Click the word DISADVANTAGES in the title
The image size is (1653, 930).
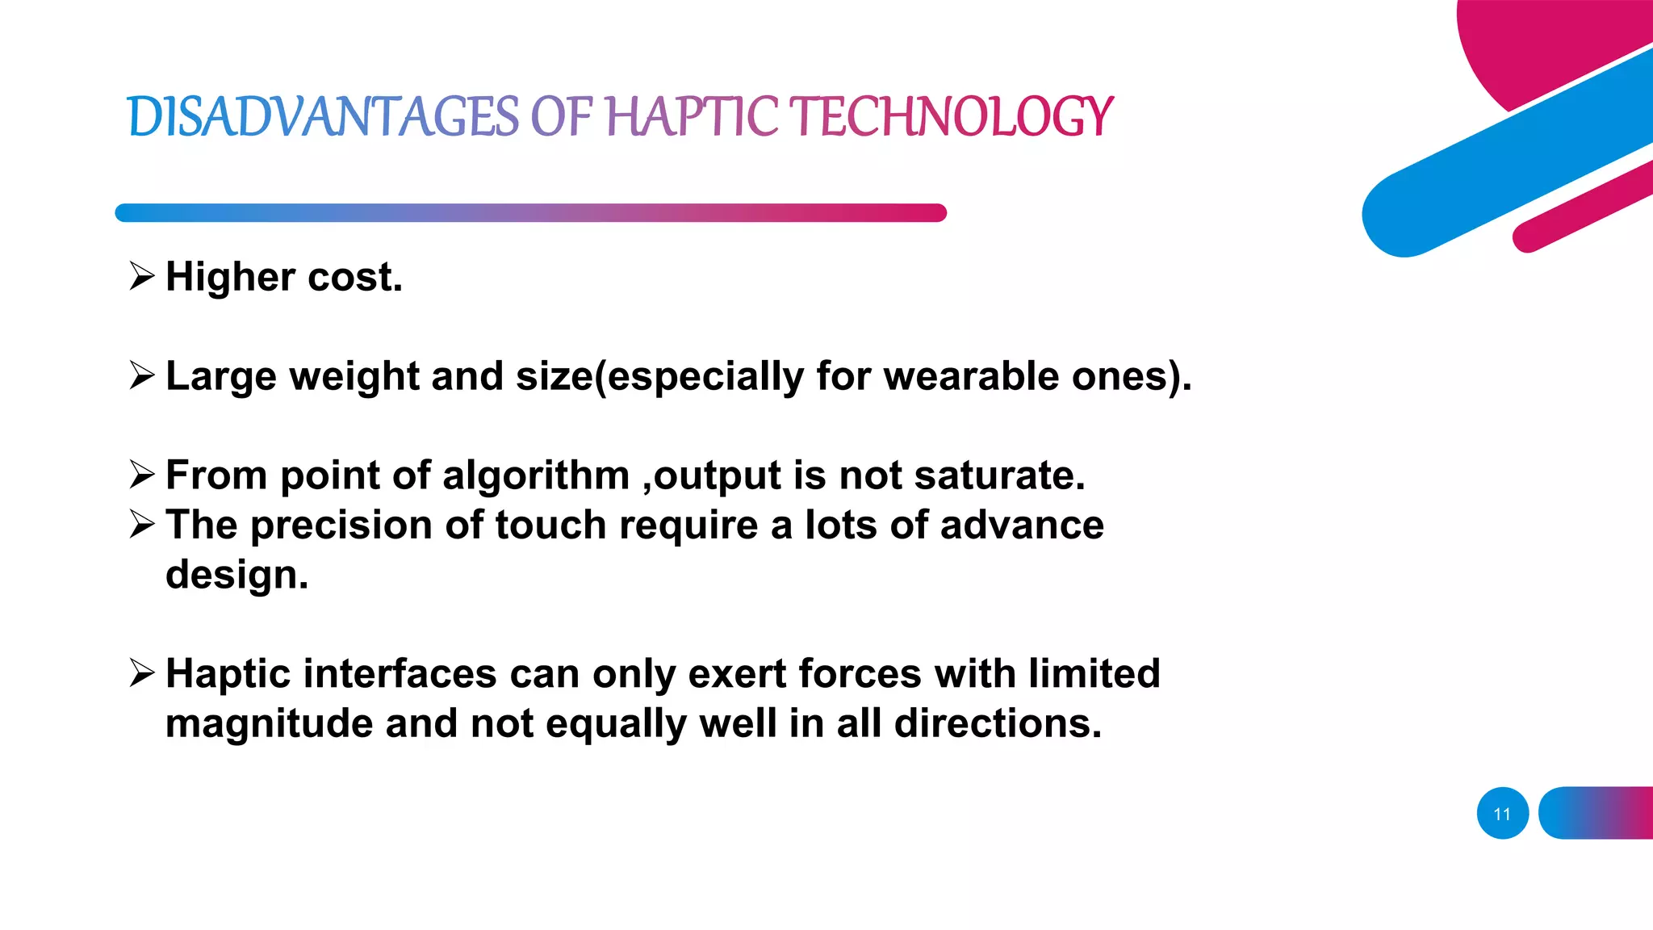[x=323, y=116]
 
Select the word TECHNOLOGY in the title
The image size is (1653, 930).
[x=951, y=116]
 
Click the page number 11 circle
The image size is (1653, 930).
[x=1502, y=813]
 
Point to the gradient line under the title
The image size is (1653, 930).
[x=530, y=213]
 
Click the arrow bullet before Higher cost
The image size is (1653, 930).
[x=142, y=277]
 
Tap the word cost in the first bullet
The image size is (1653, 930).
[x=354, y=277]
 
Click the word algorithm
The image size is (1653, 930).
[x=535, y=475]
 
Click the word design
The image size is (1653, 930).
[x=236, y=576]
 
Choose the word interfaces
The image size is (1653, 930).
[x=400, y=674]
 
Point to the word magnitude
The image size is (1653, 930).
[x=269, y=724]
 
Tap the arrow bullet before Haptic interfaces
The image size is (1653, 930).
[x=142, y=673]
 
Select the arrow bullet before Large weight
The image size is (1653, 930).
[x=142, y=375]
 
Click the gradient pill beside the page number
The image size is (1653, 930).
[x=1596, y=813]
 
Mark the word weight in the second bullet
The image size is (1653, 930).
[x=354, y=377]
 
